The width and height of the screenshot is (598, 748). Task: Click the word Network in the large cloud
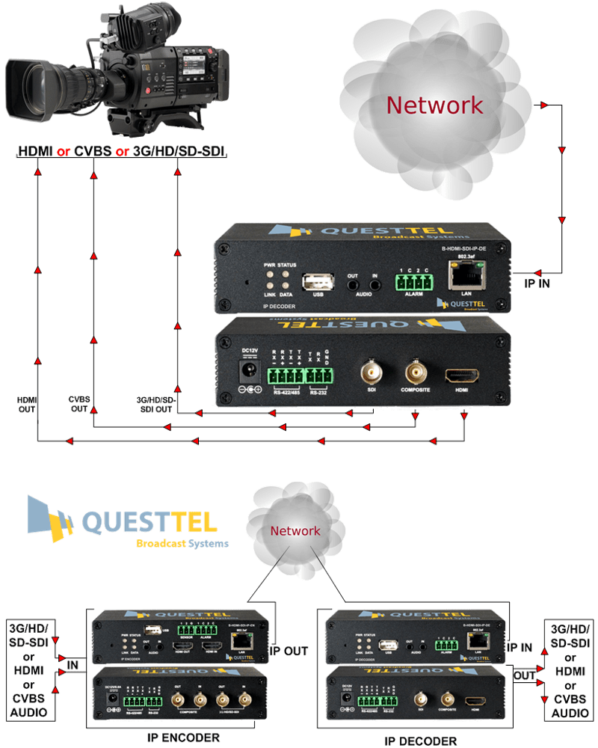[434, 105]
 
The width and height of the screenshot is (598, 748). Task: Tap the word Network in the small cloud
[295, 531]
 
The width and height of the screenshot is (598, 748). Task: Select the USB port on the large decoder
[318, 283]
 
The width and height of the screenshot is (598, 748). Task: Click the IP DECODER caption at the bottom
[420, 740]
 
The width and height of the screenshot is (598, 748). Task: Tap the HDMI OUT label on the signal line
[27, 404]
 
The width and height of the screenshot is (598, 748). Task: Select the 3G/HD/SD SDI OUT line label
[156, 404]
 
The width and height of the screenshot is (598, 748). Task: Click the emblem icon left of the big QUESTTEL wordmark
[49, 518]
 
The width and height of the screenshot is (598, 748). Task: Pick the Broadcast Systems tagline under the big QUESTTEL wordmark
[182, 543]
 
